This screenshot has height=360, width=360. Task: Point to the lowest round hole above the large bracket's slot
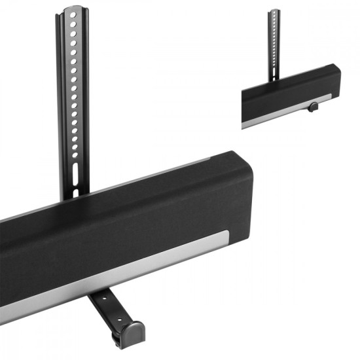click(75, 156)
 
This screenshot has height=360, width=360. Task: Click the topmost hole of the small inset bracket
click(274, 16)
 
